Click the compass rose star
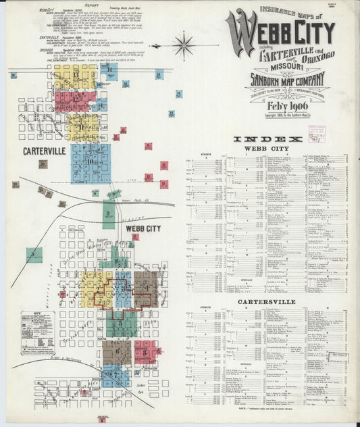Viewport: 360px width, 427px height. (182, 45)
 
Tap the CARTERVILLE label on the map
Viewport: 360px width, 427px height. (44, 151)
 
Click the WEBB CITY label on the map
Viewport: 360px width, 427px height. (143, 229)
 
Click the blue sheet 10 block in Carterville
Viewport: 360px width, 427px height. (89, 163)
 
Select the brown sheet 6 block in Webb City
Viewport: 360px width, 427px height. (117, 351)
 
